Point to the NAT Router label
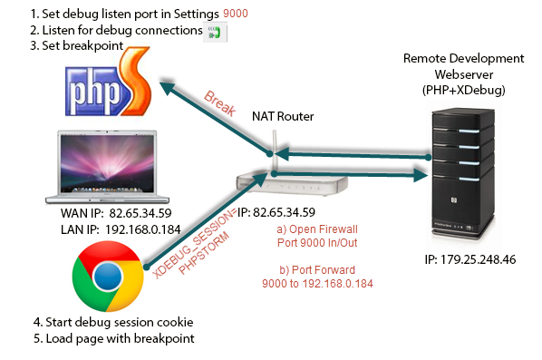click(276, 117)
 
